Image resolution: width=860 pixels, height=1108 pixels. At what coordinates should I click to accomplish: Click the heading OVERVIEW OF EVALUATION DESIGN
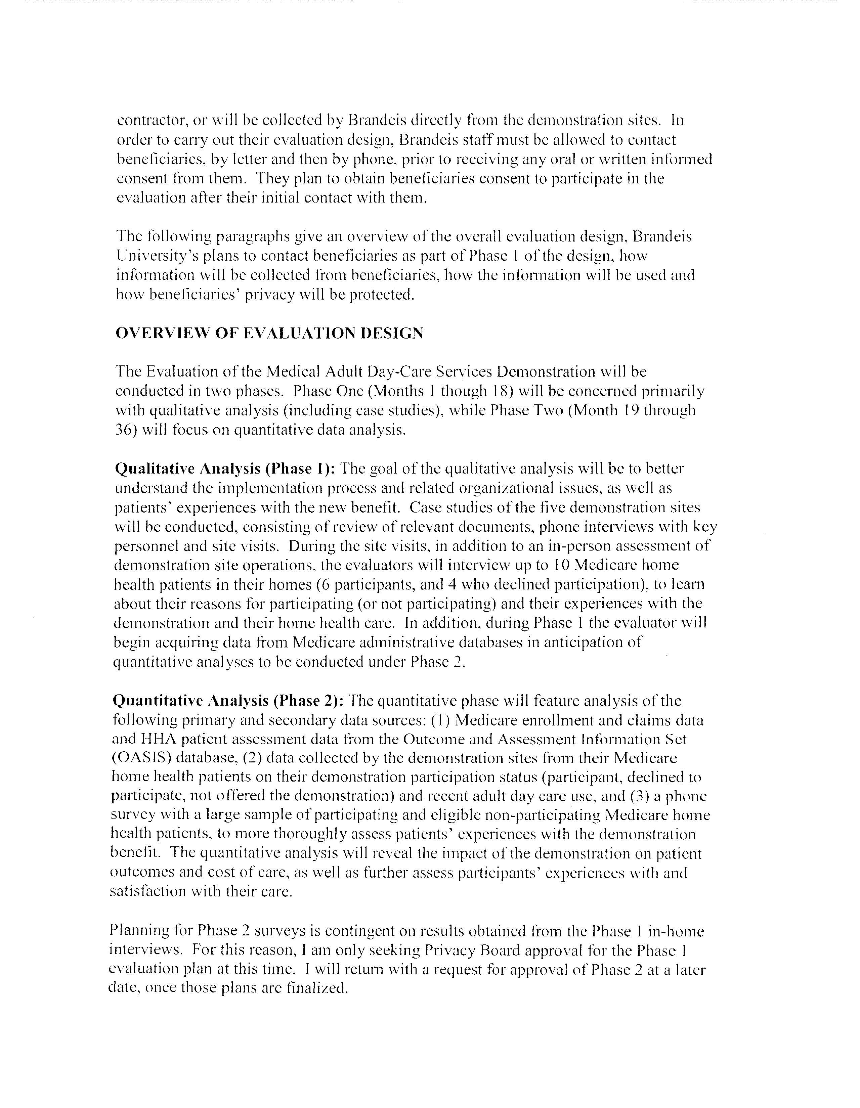coord(269,333)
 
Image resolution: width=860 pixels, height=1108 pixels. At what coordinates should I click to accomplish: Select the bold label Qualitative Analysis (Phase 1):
coord(225,469)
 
